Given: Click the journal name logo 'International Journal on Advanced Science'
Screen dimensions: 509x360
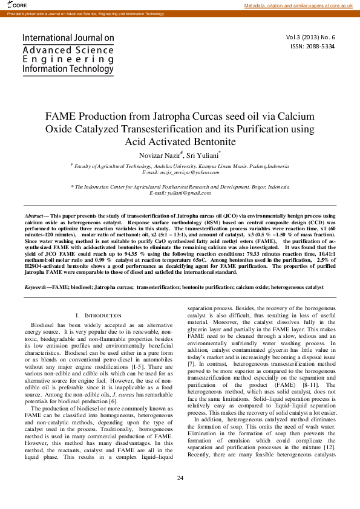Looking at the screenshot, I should coord(68,53).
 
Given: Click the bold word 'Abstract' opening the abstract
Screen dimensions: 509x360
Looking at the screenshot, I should coord(34,216).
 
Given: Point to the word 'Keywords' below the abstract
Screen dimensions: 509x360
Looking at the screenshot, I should coord(35,288).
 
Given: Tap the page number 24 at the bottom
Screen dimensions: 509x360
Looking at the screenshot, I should coord(180,478).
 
